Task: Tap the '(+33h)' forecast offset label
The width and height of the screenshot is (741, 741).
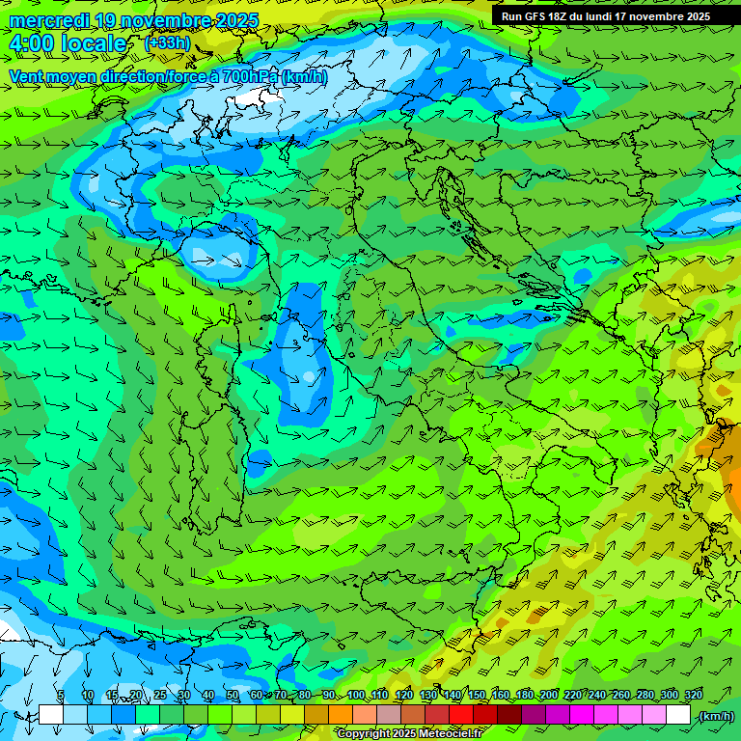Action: tap(166, 43)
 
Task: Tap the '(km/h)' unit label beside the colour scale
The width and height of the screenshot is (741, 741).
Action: tap(716, 716)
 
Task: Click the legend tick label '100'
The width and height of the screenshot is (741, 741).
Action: tap(356, 695)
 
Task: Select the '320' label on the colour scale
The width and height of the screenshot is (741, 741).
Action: tap(693, 695)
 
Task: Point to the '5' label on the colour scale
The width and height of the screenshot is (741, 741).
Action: tap(60, 695)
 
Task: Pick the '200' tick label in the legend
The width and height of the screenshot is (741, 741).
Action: tap(549, 695)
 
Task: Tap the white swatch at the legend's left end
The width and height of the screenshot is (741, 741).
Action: tap(50, 715)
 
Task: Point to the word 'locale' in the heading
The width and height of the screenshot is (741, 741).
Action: tap(94, 44)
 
